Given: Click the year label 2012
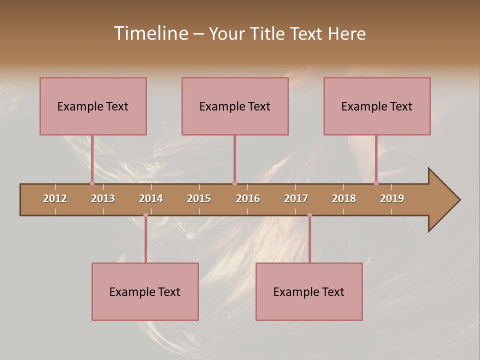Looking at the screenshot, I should click(x=55, y=198).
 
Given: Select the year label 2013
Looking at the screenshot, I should click(x=103, y=198).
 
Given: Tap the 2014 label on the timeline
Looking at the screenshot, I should click(x=151, y=198).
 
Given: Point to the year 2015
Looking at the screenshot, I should click(x=199, y=198).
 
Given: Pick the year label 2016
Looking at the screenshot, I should click(x=248, y=198).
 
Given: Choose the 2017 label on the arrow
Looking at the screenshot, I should click(x=296, y=198).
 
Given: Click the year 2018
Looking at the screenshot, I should click(x=344, y=198).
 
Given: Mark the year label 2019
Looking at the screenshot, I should click(x=392, y=198).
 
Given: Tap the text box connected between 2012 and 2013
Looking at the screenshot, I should click(x=93, y=106).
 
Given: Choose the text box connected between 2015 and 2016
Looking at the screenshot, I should click(x=235, y=106).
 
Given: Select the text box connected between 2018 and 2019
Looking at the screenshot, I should click(x=377, y=106).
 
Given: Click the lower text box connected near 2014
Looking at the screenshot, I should click(x=145, y=291).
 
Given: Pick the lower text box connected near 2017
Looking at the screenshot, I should click(x=309, y=291).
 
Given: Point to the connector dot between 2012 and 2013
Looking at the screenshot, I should click(x=92, y=183).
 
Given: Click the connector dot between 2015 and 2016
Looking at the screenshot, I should click(x=234, y=183).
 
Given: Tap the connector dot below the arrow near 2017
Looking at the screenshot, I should click(x=309, y=215).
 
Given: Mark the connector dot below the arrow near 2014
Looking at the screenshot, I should click(x=145, y=215).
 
